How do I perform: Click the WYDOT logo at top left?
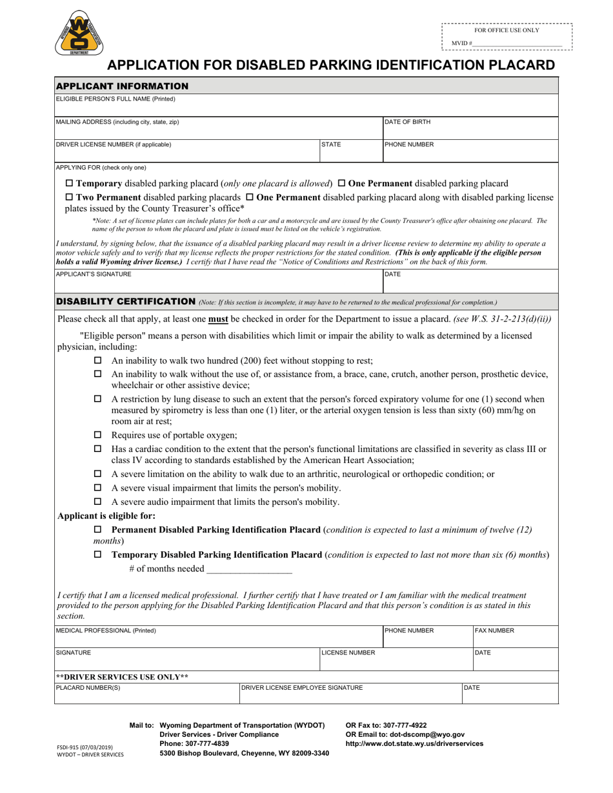[80, 33]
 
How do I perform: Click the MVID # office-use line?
[517, 43]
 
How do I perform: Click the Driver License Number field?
[187, 153]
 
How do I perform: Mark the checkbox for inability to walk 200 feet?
[98, 360]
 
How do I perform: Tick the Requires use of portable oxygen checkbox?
[98, 435]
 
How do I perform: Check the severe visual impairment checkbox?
[98, 487]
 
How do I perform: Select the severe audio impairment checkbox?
[98, 502]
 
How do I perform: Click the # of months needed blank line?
[248, 569]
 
